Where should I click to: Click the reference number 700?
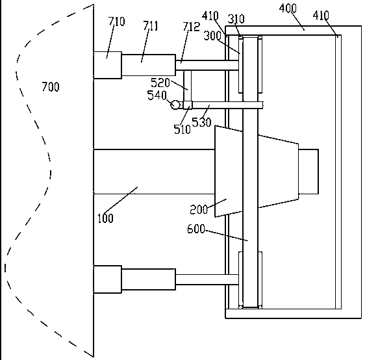tap(51, 87)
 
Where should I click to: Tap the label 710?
tap(117, 21)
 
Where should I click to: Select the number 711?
tap(151, 26)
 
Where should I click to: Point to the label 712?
tap(191, 27)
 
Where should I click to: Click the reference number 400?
tap(288, 8)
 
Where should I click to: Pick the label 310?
tap(236, 19)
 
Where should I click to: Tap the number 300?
tap(212, 36)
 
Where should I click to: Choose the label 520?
tap(160, 83)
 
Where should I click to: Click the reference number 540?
tap(157, 96)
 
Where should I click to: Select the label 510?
tap(182, 129)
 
